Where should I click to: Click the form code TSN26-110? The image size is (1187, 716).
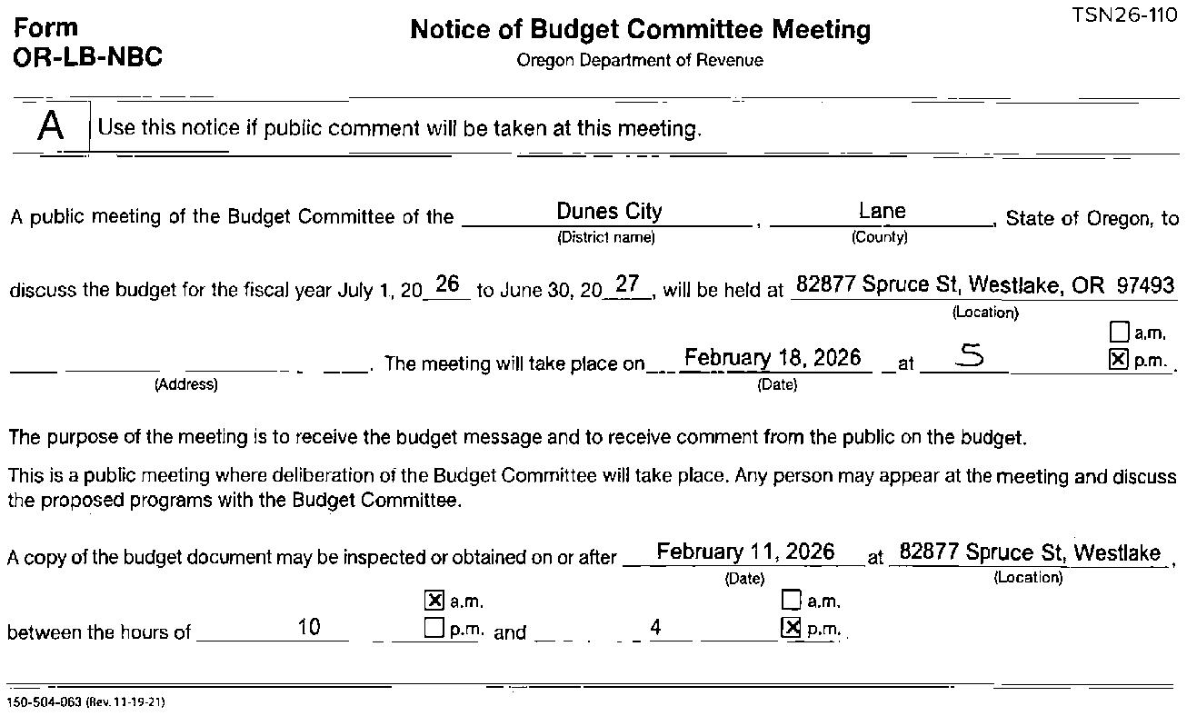(x=1124, y=15)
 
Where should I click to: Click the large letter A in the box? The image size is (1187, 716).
(x=51, y=126)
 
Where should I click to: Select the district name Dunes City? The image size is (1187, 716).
(x=609, y=212)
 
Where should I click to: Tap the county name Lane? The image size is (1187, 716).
(x=882, y=212)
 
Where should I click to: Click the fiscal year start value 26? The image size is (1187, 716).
(x=446, y=284)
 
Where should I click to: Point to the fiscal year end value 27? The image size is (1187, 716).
(x=627, y=284)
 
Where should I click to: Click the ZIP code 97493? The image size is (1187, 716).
(x=1145, y=285)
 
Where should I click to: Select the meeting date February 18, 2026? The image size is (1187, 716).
(x=772, y=358)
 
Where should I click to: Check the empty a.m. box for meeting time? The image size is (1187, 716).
(x=1120, y=333)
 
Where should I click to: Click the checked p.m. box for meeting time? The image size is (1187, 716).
(x=1119, y=360)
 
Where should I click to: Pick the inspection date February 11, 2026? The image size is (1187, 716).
(x=745, y=552)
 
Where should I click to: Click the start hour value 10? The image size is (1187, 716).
(x=309, y=626)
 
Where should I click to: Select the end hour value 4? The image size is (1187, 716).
(x=656, y=626)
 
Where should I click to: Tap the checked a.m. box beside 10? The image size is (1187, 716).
(x=434, y=601)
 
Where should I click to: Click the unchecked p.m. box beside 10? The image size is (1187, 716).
(x=434, y=628)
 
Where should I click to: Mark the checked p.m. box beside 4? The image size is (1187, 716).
(x=793, y=628)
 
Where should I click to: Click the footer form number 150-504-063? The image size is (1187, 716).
(x=45, y=702)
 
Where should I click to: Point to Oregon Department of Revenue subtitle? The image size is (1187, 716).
(x=640, y=61)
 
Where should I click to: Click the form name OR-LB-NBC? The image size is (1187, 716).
(x=88, y=57)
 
